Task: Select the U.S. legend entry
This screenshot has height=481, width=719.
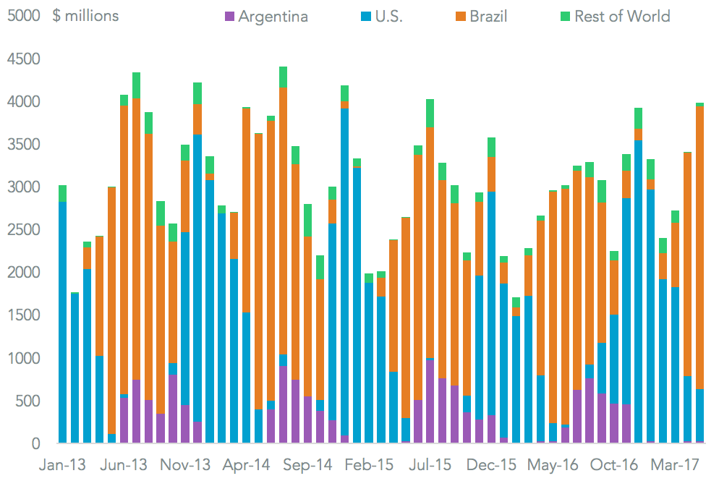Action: point(384,16)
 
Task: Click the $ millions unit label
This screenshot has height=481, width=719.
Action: point(85,16)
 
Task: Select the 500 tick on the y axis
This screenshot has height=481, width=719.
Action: point(27,401)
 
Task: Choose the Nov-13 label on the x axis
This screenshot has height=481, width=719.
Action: point(185,464)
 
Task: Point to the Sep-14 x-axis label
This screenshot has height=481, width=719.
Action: point(308,464)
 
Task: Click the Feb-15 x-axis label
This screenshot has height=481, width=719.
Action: point(369,464)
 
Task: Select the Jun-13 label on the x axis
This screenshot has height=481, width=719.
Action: point(123,464)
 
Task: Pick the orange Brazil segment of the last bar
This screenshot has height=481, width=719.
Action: point(699,246)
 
